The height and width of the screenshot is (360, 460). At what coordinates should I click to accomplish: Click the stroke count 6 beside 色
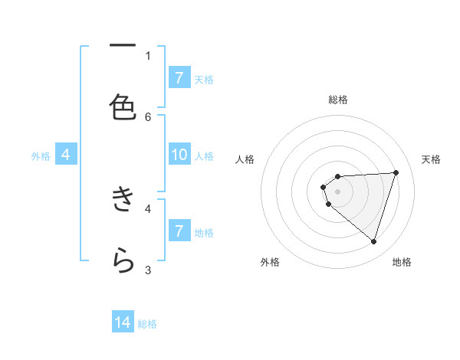148,116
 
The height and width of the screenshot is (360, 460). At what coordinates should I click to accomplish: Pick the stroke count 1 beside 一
148,55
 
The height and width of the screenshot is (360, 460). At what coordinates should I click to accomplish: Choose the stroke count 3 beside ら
148,270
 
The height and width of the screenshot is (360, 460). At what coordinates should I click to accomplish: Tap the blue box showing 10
179,155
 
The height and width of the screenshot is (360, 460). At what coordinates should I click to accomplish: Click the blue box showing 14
123,323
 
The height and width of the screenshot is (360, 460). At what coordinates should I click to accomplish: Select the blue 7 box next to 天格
179,78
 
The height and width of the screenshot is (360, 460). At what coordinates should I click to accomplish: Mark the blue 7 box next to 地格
179,231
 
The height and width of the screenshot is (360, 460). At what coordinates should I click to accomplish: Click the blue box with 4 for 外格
66,155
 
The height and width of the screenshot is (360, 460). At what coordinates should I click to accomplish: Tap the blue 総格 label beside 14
147,324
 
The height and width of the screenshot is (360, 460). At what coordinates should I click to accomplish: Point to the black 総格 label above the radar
338,100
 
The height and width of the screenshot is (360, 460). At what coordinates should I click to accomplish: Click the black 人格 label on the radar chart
245,159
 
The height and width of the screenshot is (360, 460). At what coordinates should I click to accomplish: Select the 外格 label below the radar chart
270,262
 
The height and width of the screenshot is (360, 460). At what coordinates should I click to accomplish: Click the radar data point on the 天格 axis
396,172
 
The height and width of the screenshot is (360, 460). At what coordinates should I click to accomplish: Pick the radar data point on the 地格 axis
373,242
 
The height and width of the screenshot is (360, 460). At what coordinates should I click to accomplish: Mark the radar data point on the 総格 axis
338,177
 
